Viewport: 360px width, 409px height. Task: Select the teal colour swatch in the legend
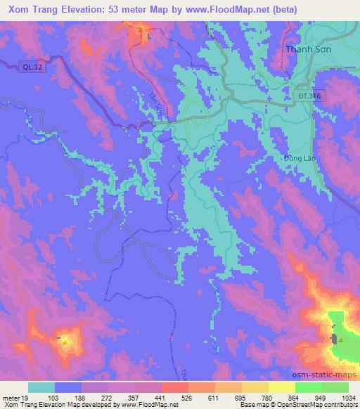click(41, 387)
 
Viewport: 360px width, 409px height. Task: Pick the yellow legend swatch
click(282, 387)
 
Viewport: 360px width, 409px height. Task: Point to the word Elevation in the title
click(86, 9)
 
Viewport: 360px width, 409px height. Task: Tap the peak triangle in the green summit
click(341, 340)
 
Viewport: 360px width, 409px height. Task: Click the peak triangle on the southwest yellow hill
click(66, 342)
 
